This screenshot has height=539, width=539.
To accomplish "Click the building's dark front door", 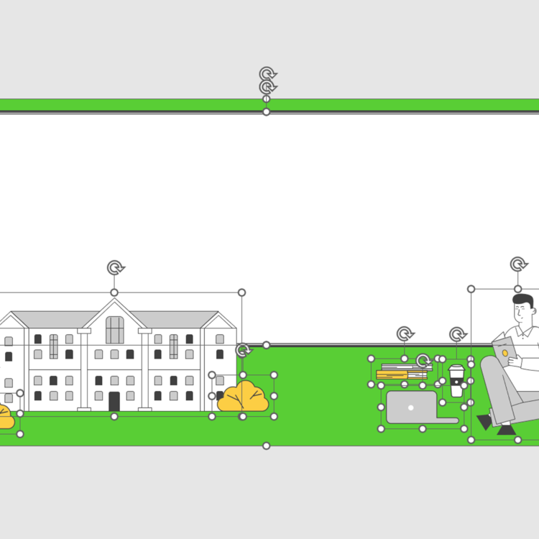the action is click(x=114, y=401).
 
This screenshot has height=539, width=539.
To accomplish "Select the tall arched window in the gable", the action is click(x=114, y=330).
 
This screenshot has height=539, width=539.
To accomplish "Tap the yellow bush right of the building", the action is click(x=243, y=397).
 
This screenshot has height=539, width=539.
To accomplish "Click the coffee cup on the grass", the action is click(x=456, y=381).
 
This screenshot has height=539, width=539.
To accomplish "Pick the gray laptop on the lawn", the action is click(x=413, y=407).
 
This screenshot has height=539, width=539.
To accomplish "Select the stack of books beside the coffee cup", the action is click(x=402, y=371).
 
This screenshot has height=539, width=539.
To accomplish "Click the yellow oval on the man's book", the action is click(x=505, y=353).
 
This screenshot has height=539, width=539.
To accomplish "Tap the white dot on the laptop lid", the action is click(x=411, y=407).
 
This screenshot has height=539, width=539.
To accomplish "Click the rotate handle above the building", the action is click(x=115, y=268).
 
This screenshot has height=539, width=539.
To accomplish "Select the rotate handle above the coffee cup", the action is click(x=458, y=334).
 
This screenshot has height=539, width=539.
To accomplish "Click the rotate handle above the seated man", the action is click(x=518, y=264).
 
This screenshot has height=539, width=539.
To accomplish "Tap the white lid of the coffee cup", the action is click(x=456, y=369).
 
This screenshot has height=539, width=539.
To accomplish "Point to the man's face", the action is click(x=522, y=312).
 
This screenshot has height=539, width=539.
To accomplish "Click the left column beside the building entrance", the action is click(x=84, y=370).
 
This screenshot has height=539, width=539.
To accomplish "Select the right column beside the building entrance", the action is click(x=145, y=370).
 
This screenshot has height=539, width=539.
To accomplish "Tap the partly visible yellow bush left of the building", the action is click(x=5, y=417).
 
